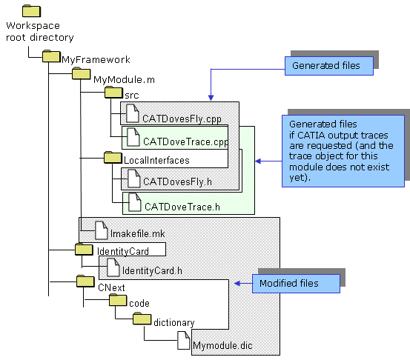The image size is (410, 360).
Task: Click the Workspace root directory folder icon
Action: click(x=31, y=11)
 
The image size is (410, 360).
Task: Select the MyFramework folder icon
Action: click(x=51, y=56)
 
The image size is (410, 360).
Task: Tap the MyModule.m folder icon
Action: click(x=82, y=73)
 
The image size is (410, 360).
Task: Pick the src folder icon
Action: click(x=113, y=93)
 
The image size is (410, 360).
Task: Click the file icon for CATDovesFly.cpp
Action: click(x=133, y=113)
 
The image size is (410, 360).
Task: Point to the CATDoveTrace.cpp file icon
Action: click(x=133, y=137)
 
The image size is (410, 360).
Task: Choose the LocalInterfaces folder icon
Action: click(x=113, y=158)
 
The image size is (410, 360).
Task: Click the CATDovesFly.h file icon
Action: click(x=134, y=179)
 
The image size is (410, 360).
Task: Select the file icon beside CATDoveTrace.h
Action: click(x=135, y=202)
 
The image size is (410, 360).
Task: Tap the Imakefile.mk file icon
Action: click(x=101, y=230)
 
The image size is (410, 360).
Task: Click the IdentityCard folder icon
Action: click(x=84, y=250)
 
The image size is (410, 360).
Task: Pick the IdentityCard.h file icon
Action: click(x=113, y=267)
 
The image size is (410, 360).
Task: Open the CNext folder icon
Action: click(x=85, y=281)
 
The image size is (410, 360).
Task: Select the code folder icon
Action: click(x=118, y=300)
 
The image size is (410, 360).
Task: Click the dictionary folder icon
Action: click(x=142, y=319)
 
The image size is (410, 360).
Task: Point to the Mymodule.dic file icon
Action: click(x=184, y=340)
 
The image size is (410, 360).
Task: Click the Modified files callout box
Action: click(x=296, y=284)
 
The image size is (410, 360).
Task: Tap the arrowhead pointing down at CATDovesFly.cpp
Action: click(x=211, y=98)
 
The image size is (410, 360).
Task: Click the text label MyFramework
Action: click(x=96, y=60)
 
